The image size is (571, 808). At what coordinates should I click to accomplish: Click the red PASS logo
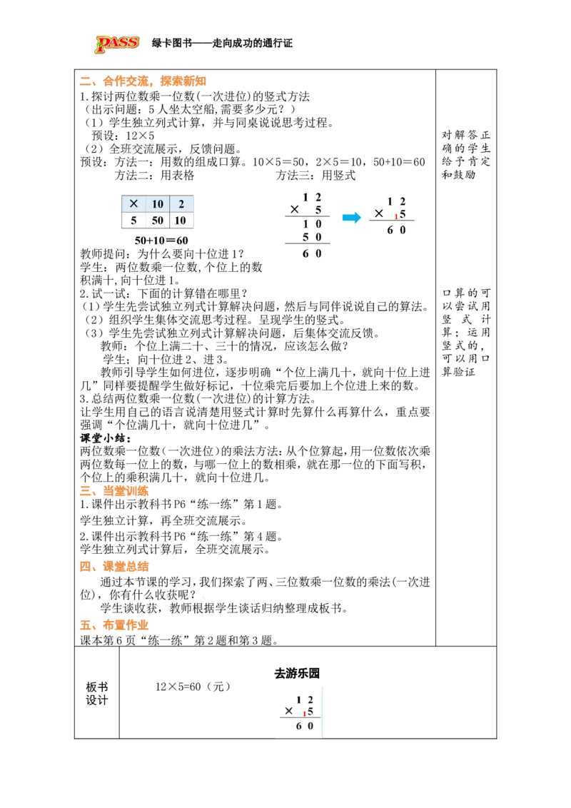pos(117,44)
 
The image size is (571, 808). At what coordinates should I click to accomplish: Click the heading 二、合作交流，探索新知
pos(143,81)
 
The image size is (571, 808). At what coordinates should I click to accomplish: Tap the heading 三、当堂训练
pos(114,491)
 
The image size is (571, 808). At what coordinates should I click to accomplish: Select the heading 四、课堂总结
pos(114,566)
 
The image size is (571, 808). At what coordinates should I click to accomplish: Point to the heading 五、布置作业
pos(114,625)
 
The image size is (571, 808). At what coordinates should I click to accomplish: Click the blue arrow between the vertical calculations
pos(352,218)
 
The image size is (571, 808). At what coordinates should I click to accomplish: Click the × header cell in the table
pos(133,204)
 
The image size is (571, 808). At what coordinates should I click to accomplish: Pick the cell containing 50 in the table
pos(157,221)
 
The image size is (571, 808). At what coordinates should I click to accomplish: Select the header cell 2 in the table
pos(181,204)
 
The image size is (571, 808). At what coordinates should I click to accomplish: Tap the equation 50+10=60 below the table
pos(161,240)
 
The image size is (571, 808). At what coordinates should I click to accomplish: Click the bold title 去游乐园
pos(297,673)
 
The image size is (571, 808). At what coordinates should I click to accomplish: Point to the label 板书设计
pos(97,694)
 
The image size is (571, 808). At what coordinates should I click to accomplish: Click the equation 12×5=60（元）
pos(193,687)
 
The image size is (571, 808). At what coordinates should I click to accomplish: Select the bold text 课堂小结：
pos(106,438)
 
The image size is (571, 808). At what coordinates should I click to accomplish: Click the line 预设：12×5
pos(123,136)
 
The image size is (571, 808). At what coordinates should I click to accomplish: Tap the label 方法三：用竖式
pos(316,175)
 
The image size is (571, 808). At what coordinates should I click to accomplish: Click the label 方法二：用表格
pos(155,175)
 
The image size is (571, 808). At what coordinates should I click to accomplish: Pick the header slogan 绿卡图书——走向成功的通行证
pos(222,44)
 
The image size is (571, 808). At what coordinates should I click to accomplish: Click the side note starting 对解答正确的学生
pos(466,155)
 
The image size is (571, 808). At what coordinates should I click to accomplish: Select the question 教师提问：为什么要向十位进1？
pos(162,254)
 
